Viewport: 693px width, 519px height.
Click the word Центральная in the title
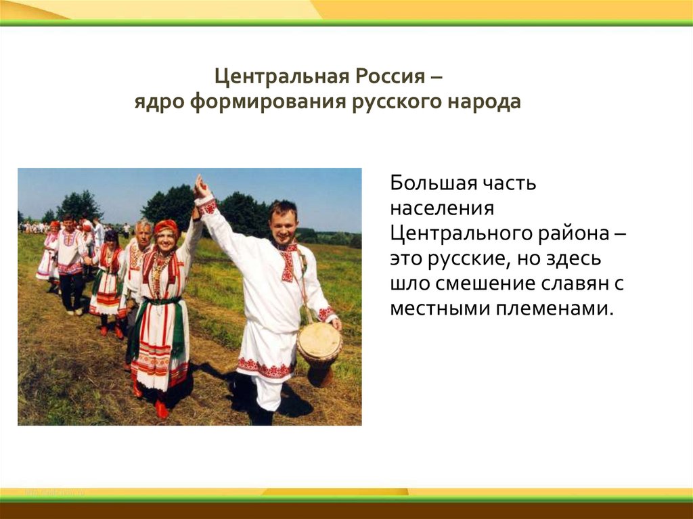(x=279, y=76)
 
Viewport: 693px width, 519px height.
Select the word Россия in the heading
(x=384, y=76)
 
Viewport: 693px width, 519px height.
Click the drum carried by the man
(x=319, y=344)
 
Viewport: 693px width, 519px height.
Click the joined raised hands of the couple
(x=200, y=187)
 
